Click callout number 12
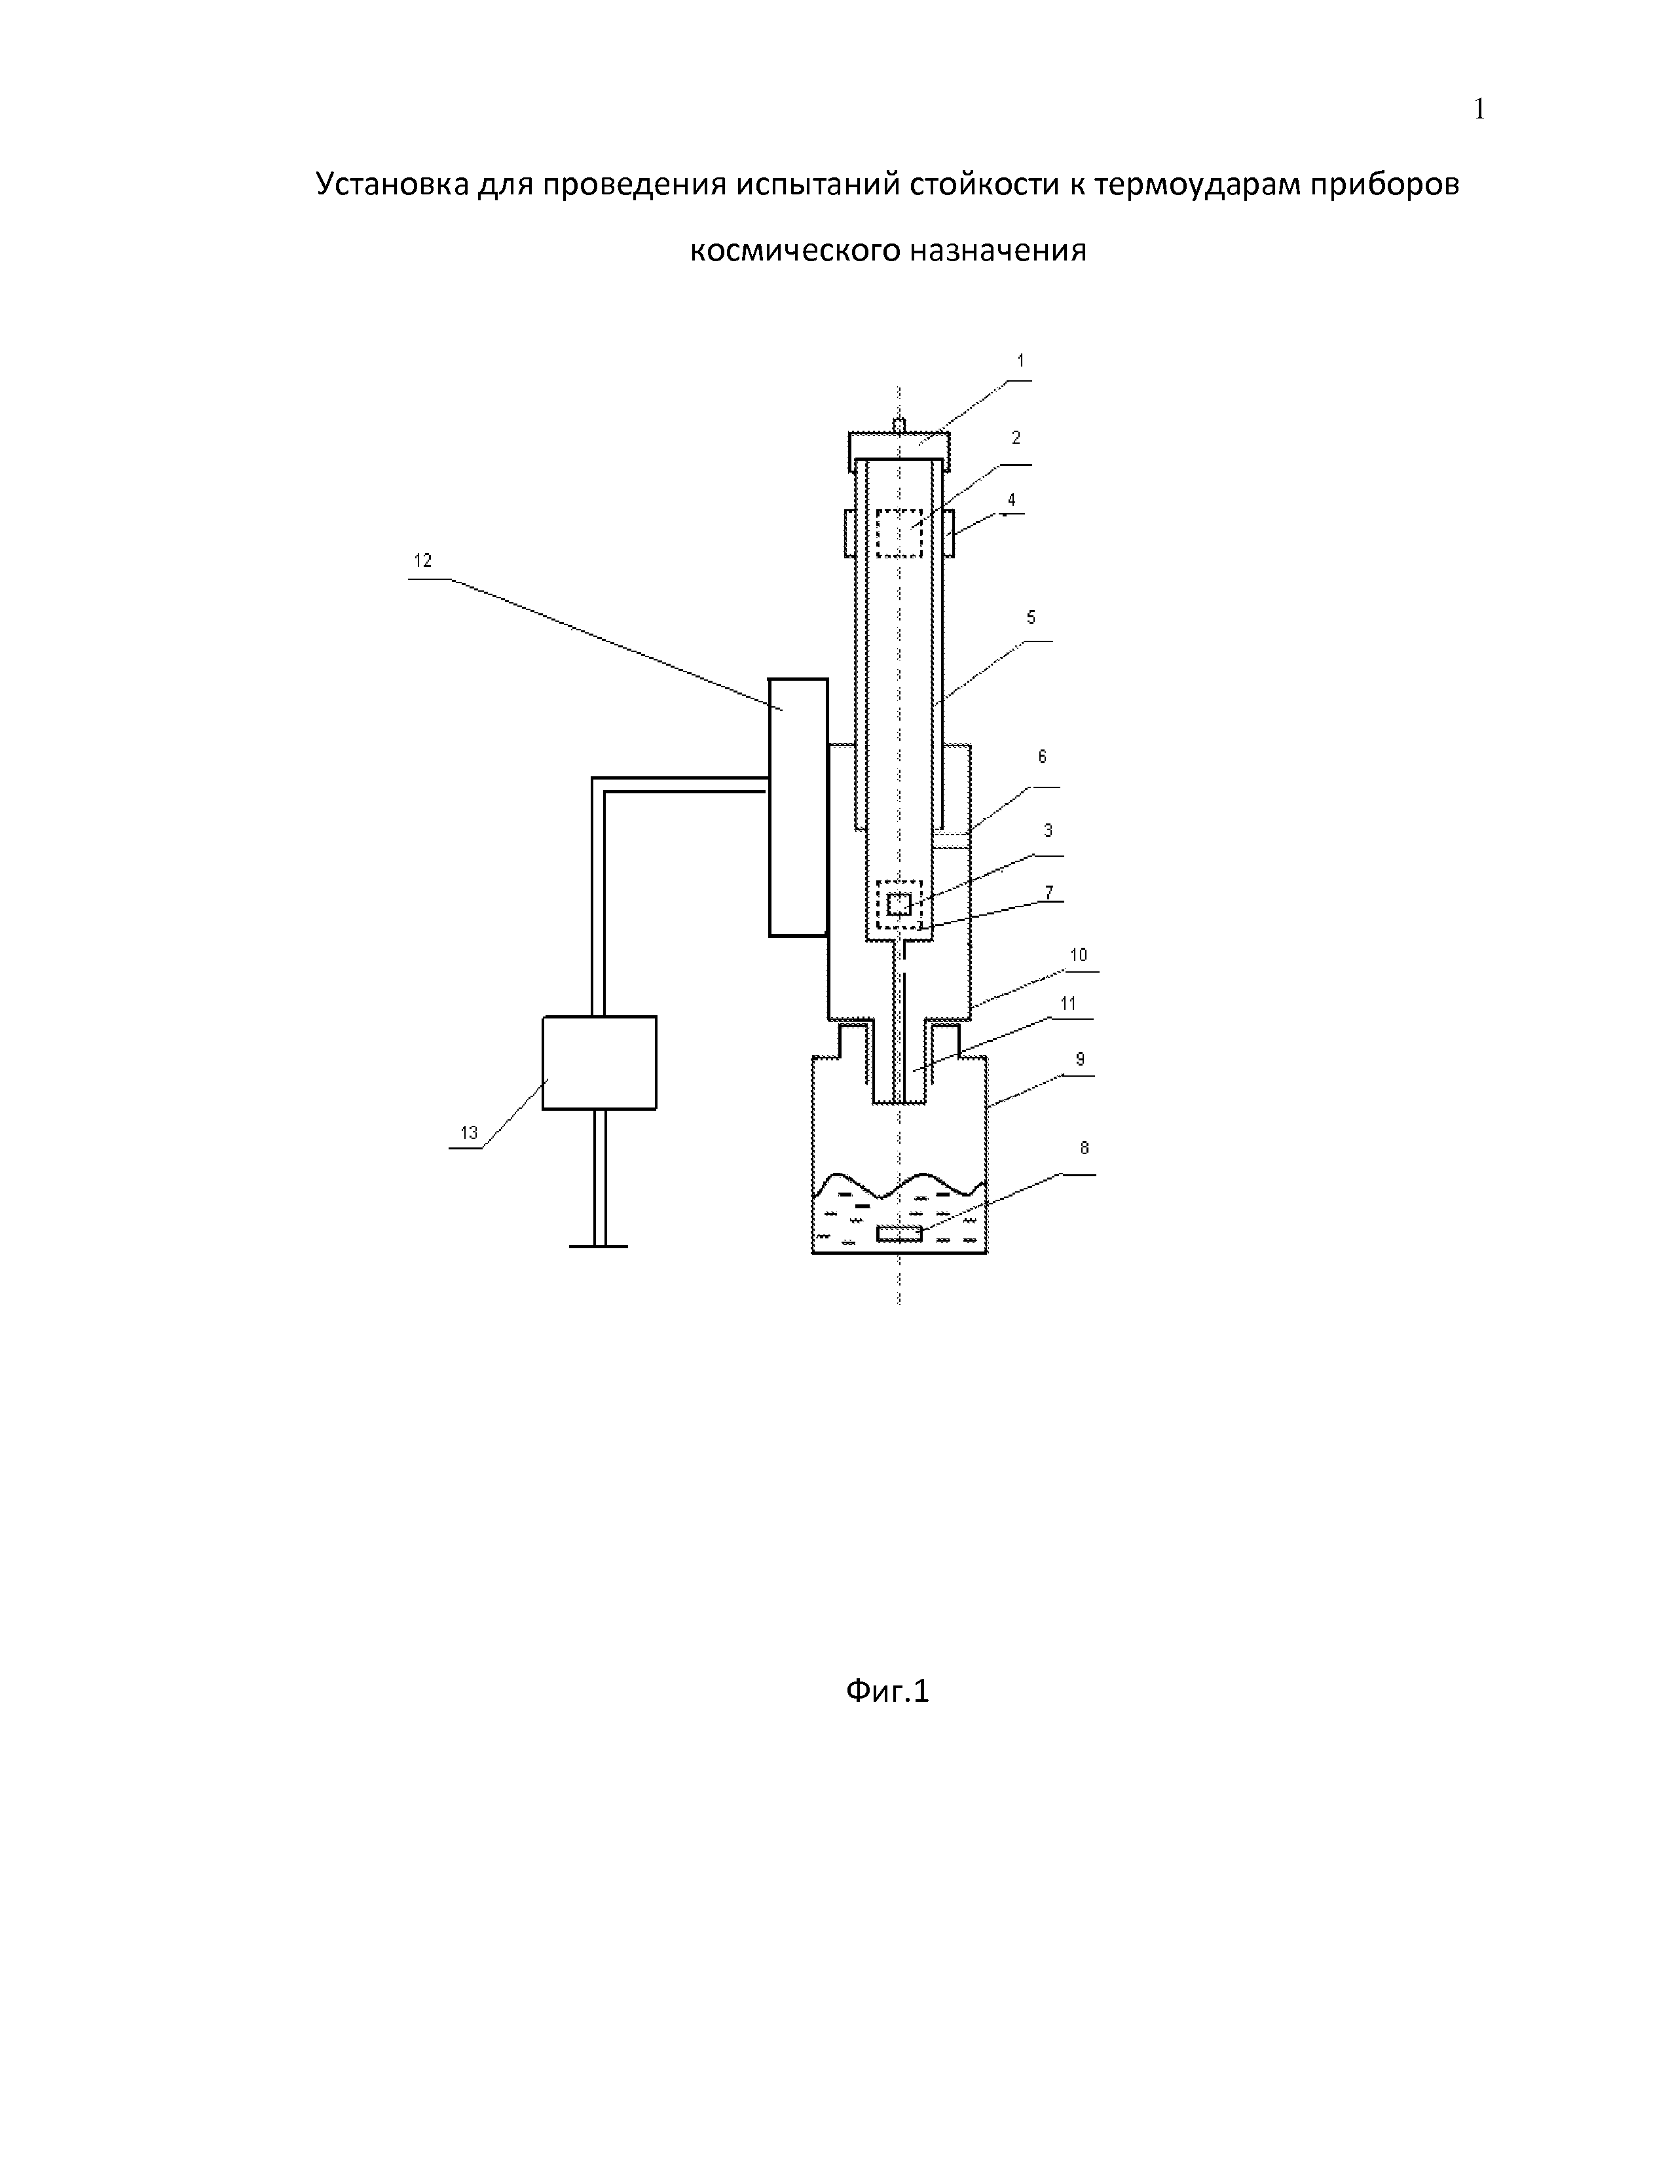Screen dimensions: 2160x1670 (x=422, y=561)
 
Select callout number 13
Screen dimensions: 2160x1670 (x=469, y=1132)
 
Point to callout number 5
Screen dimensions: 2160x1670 (x=1031, y=618)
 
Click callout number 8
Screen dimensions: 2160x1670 (x=1085, y=1148)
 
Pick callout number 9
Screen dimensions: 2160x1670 (x=1081, y=1059)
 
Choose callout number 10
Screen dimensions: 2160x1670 (x=1079, y=954)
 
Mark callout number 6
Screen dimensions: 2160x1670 (x=1042, y=757)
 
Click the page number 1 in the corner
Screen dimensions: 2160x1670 (x=1479, y=110)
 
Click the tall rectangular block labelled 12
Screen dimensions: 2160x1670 (x=798, y=807)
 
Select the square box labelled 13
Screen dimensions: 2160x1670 (x=599, y=1062)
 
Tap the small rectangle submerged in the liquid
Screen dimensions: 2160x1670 (x=899, y=1233)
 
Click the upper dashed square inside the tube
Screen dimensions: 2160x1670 (x=899, y=533)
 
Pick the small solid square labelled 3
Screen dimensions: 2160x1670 (x=899, y=904)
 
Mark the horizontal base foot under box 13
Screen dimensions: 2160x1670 (x=599, y=1246)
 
